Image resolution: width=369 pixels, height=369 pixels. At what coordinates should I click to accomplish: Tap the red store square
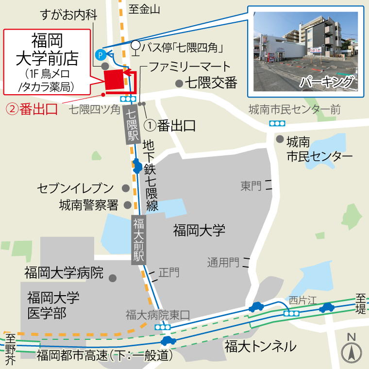(x=114, y=80)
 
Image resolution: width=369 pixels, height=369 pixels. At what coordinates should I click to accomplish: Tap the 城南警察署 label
(x=88, y=205)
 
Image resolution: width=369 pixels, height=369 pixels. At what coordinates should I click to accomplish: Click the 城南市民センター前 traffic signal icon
(x=277, y=123)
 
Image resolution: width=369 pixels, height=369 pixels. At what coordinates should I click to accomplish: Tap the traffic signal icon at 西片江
(x=292, y=314)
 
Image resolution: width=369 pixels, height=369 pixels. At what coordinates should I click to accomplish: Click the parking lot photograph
(x=309, y=50)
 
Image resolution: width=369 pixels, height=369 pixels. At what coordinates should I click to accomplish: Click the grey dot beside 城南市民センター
(x=280, y=139)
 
